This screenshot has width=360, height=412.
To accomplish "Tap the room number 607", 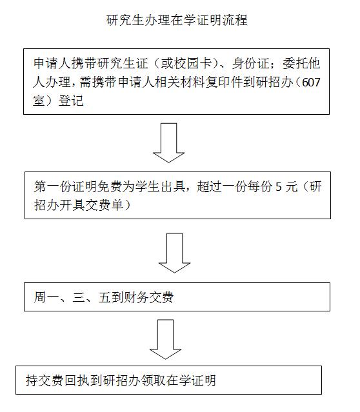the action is (x=311, y=83).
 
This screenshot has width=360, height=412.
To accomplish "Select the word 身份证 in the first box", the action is (x=250, y=63).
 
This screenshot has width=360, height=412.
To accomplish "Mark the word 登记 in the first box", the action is (x=71, y=101).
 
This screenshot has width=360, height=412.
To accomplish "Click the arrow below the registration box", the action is (x=168, y=142).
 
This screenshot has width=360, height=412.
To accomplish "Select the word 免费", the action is (x=110, y=186).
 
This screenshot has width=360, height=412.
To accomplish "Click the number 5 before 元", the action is (x=278, y=187).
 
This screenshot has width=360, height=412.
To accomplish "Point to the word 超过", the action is (x=209, y=186).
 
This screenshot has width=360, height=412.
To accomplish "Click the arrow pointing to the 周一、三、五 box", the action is (x=174, y=253).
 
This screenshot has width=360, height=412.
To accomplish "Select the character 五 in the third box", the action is (x=105, y=297).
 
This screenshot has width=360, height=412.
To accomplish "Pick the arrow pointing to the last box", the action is (x=165, y=339).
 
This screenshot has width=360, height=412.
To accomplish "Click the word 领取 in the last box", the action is (x=154, y=380).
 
